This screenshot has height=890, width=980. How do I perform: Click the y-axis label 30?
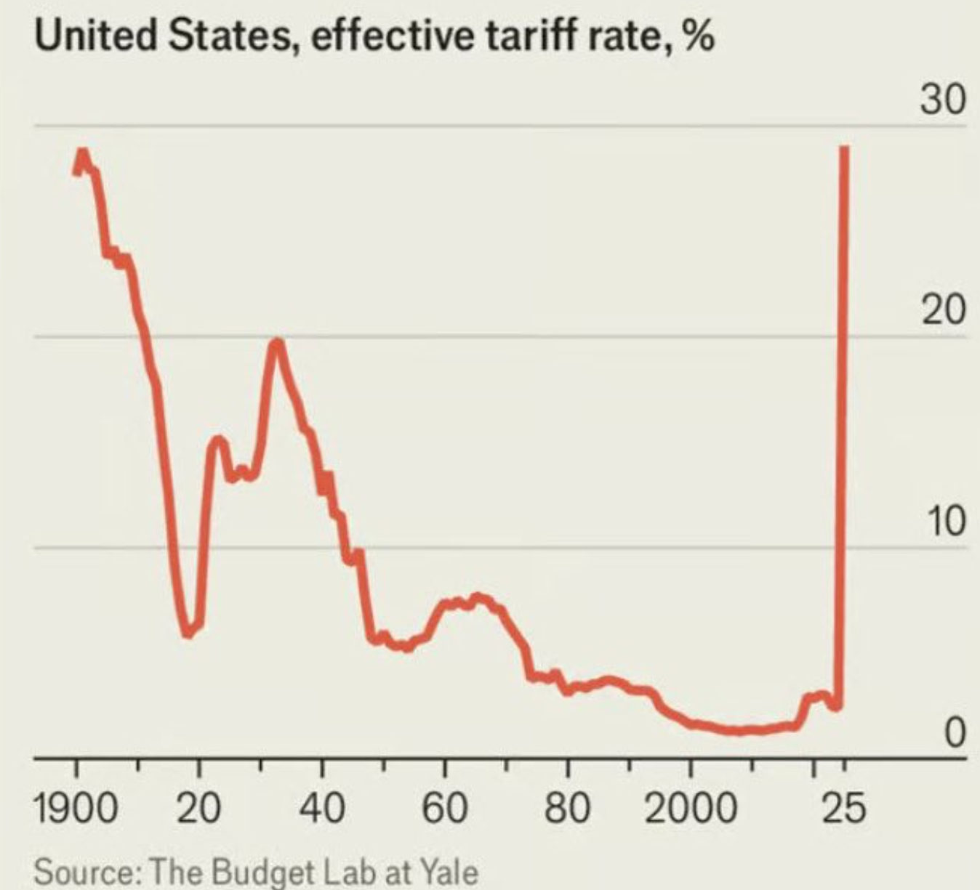943,100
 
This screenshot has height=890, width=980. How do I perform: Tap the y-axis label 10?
945,522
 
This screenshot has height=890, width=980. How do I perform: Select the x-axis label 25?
844,808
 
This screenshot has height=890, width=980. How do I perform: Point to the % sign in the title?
698,36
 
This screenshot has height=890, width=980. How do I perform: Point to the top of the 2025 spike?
845,147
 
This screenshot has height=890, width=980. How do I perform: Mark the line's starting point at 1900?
76,171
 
